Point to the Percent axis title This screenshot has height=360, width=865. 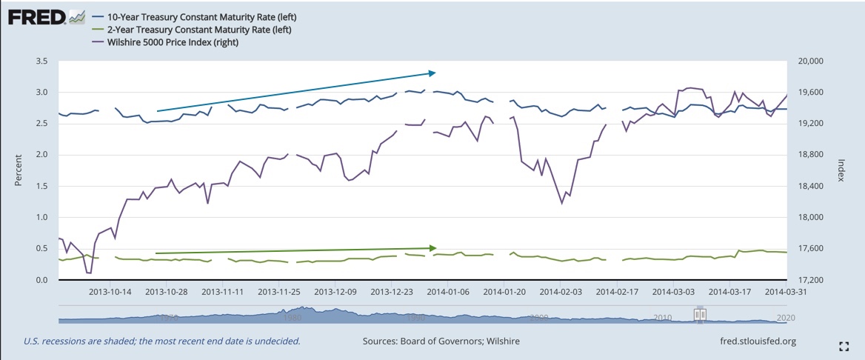click(18, 170)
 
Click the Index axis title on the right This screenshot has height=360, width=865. click(841, 170)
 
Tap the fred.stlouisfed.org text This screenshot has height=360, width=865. click(757, 341)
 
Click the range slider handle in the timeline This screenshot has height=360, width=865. click(700, 315)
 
